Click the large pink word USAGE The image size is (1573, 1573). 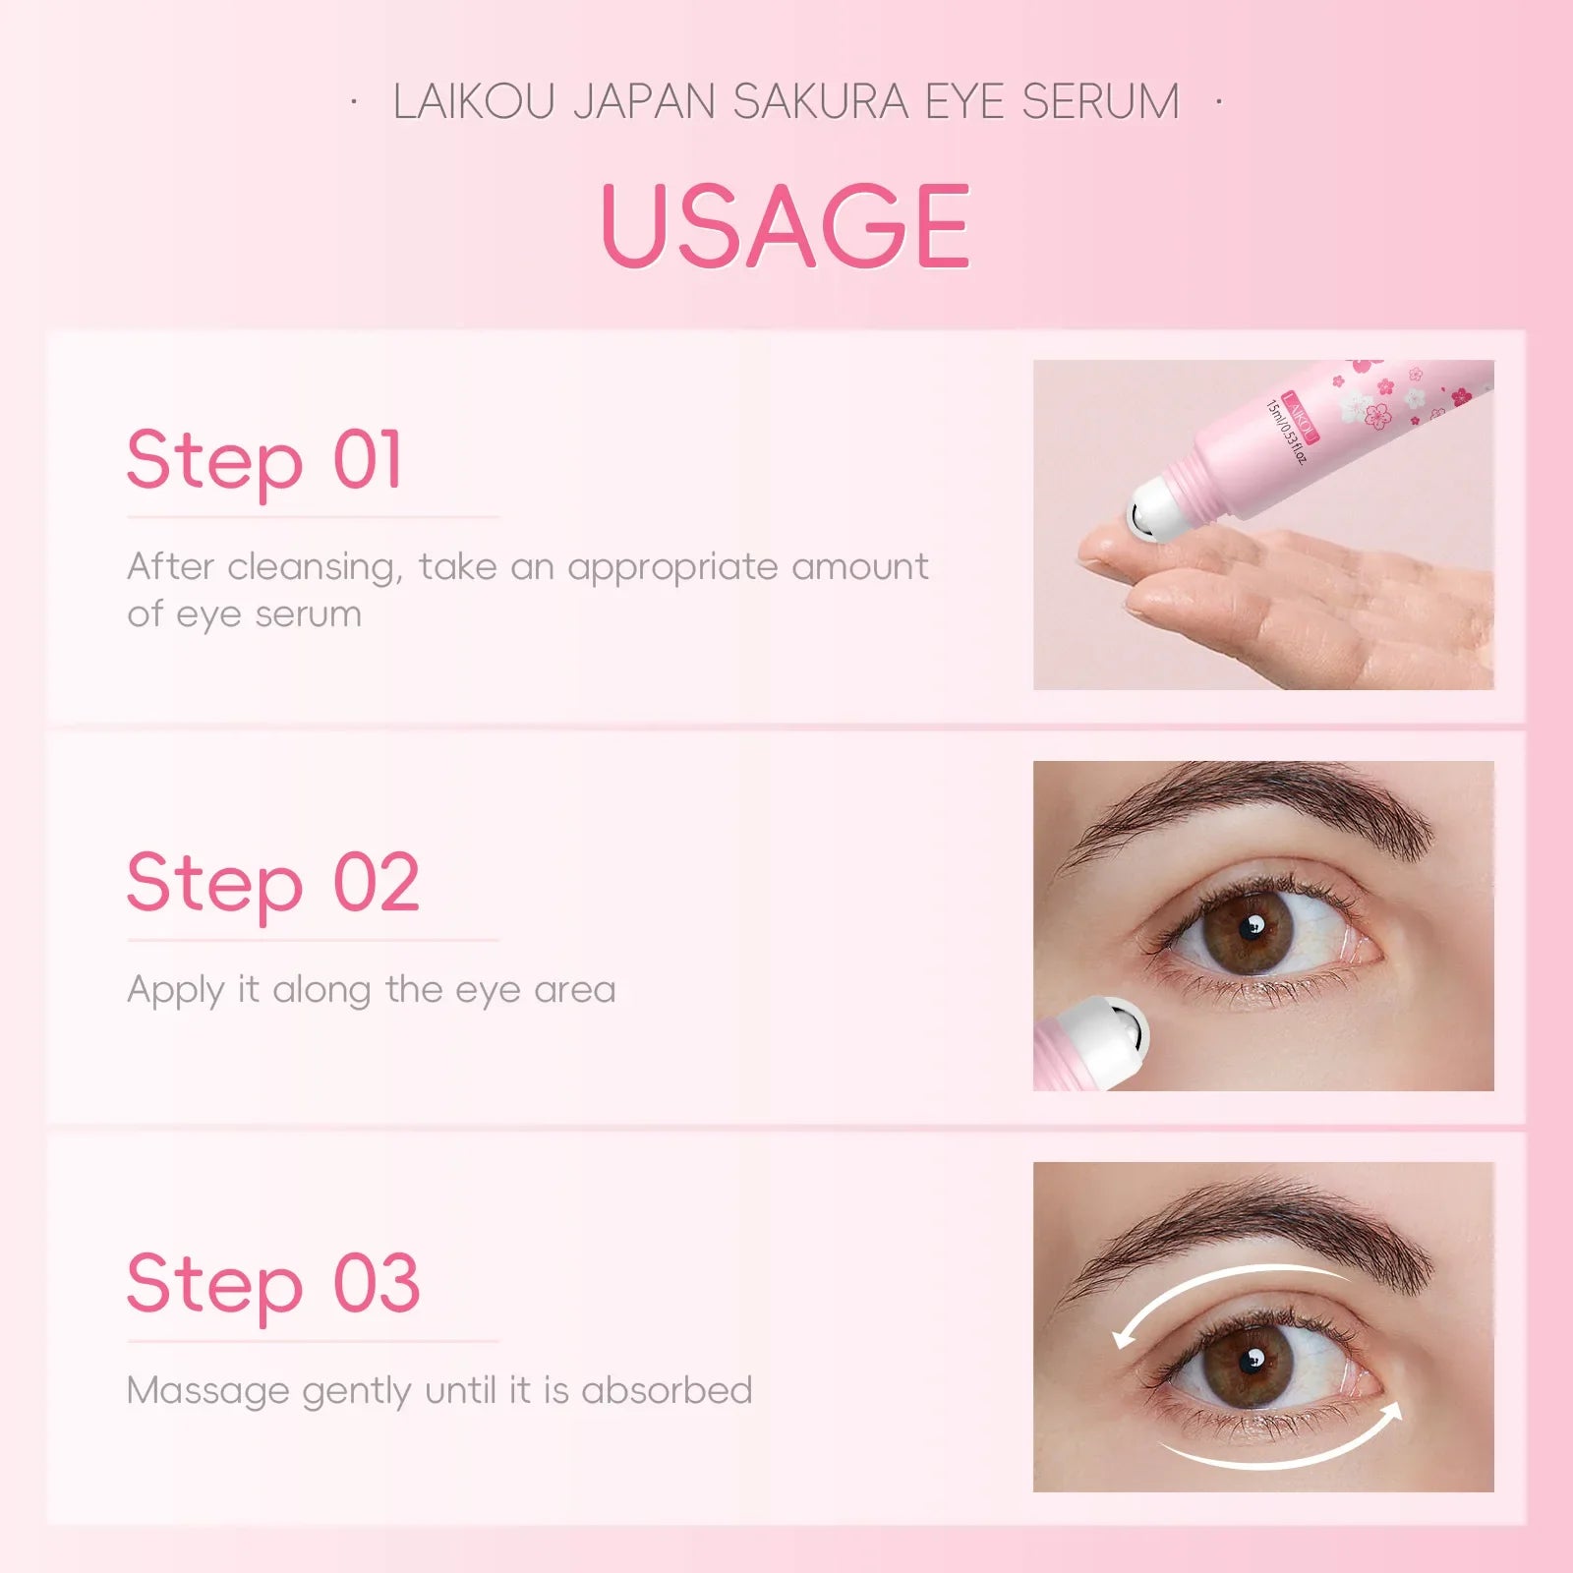[785, 225]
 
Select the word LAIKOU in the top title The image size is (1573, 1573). [475, 102]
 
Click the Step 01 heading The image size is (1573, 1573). [264, 460]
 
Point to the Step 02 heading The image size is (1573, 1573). [273, 883]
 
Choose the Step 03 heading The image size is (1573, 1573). [273, 1284]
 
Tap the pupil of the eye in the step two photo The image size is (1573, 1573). [1252, 928]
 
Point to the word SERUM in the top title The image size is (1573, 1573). [1100, 102]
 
